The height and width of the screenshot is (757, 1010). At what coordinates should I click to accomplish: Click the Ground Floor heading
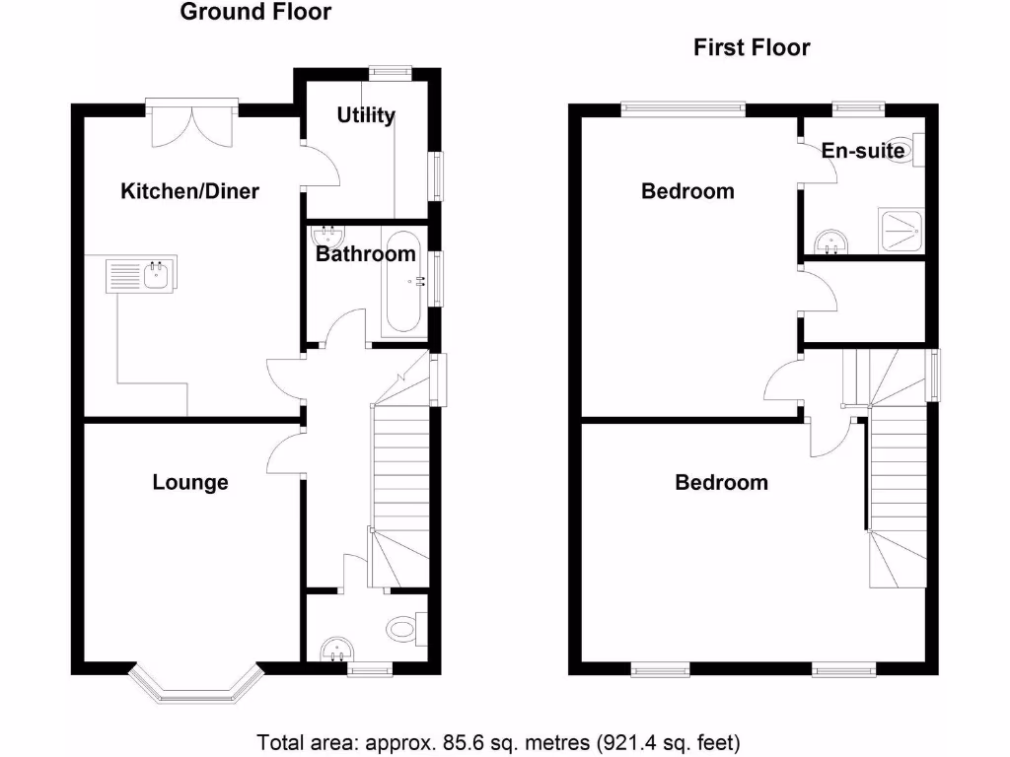[255, 13]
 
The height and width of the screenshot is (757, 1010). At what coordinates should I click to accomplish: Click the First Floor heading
[752, 47]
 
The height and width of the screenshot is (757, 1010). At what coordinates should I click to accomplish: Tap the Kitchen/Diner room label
[189, 191]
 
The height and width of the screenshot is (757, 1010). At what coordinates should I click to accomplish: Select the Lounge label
[190, 482]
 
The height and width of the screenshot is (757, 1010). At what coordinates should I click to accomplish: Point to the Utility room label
[366, 115]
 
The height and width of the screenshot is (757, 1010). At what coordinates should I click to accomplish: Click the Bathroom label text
[365, 254]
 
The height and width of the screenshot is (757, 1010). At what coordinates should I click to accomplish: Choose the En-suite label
[862, 151]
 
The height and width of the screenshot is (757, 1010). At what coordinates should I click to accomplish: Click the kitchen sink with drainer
[141, 275]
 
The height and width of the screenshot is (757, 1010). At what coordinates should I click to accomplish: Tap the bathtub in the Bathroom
[404, 283]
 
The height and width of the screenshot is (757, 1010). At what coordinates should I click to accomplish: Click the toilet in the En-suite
[905, 151]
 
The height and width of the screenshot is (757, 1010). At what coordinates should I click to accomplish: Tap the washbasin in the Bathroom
[325, 237]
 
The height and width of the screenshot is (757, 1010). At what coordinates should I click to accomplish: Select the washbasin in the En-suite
[830, 240]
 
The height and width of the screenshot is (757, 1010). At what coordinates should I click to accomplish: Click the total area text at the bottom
[498, 741]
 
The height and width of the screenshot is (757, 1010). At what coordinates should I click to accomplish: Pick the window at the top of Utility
[390, 71]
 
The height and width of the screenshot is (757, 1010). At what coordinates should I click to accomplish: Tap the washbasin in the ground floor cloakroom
[337, 649]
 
